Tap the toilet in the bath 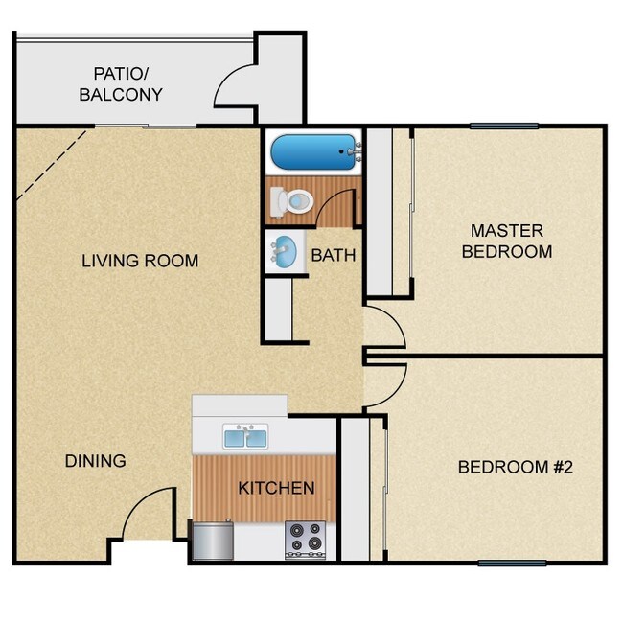tap(293, 200)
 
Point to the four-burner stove tap(307, 540)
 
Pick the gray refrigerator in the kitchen tap(213, 540)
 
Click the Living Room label tap(140, 261)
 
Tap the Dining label tap(95, 461)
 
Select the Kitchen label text tap(276, 488)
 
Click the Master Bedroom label tap(506, 242)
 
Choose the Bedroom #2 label tap(515, 468)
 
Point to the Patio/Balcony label tap(120, 84)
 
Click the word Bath tap(333, 256)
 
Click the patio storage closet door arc tap(235, 86)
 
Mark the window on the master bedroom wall tap(504, 126)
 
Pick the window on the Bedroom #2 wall tap(511, 563)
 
